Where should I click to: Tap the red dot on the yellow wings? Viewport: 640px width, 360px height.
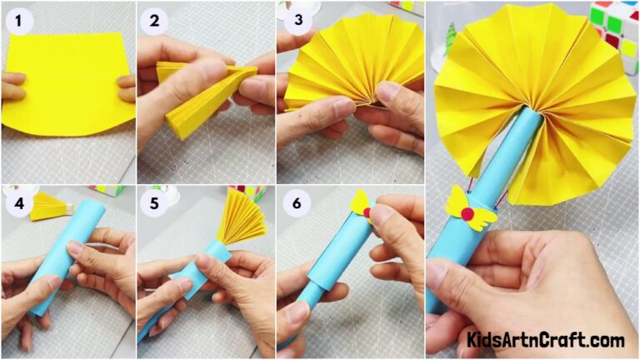point(468,214)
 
